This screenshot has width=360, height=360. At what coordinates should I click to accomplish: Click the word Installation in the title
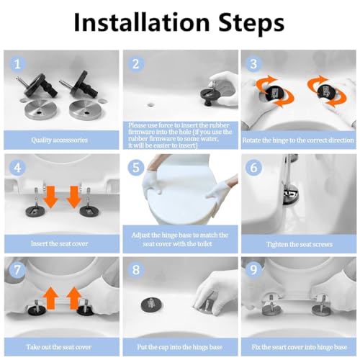142,22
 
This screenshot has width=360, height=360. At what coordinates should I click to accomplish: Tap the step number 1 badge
17,64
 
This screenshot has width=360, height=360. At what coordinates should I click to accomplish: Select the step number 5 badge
136,167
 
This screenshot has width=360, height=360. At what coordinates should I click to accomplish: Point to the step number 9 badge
253,269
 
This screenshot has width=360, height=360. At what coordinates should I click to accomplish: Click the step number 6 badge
253,167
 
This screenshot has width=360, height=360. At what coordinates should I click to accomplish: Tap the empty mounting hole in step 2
151,104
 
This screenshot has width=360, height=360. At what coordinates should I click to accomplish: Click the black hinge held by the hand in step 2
210,95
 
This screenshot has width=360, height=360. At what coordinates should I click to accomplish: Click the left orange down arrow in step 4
50,196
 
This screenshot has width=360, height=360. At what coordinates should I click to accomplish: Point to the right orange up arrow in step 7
74,298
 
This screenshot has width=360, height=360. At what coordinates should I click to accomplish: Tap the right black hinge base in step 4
88,211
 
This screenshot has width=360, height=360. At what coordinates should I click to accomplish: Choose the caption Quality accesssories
59,140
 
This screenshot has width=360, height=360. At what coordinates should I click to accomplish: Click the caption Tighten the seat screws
300,244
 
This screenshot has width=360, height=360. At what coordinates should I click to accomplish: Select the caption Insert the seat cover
59,243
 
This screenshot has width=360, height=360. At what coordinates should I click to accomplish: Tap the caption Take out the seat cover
59,347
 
